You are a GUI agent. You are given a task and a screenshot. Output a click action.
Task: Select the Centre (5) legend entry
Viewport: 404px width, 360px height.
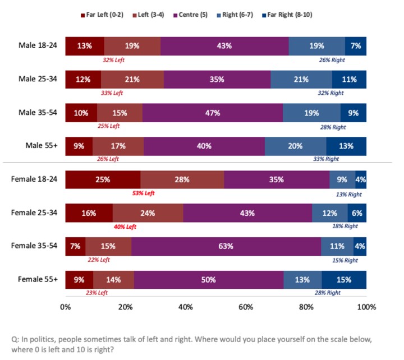[210, 15]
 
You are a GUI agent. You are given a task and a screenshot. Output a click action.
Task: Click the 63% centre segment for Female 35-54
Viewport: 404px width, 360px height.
[226, 246]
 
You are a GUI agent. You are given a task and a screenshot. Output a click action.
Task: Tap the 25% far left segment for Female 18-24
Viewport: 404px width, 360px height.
[103, 180]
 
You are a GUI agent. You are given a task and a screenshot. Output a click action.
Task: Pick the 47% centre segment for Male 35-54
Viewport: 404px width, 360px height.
[213, 113]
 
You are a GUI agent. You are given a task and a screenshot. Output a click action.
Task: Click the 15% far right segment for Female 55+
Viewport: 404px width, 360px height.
[344, 280]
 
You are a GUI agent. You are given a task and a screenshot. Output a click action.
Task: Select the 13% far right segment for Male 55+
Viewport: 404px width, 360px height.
[346, 146]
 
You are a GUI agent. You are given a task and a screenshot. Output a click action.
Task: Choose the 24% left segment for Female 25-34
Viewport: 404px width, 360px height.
[148, 213]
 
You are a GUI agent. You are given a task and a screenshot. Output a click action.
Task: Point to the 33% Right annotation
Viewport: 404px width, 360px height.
[326, 159]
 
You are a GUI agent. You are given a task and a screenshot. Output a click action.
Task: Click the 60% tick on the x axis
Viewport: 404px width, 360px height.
[246, 307]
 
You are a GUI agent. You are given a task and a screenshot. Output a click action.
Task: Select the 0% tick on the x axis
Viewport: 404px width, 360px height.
[65, 307]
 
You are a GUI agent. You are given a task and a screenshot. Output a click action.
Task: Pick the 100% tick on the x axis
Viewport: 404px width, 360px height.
[366, 307]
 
